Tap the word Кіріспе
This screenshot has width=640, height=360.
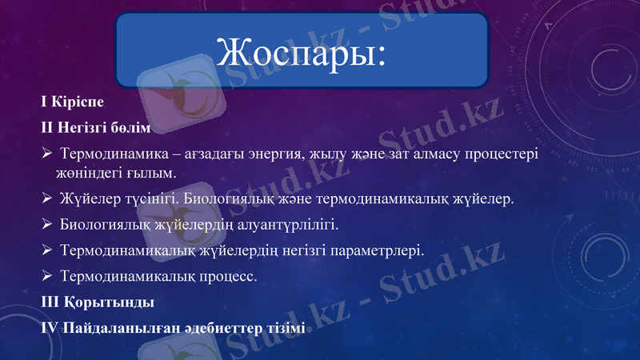78,102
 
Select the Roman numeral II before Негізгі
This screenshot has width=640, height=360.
47,127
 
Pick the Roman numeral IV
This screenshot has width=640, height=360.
50,328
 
